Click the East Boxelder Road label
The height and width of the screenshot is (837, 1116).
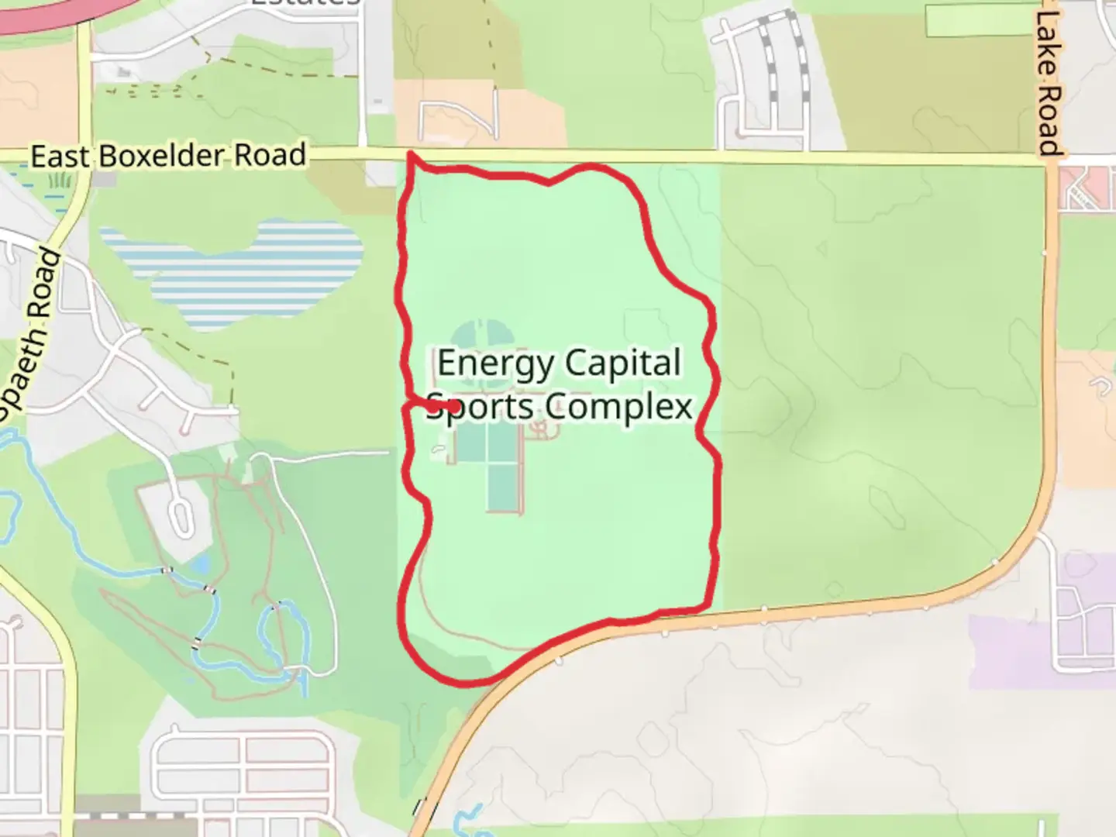click(168, 156)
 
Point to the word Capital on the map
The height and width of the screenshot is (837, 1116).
click(623, 363)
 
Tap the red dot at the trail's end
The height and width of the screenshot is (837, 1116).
click(453, 405)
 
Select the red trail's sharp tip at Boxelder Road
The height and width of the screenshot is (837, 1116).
click(410, 155)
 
